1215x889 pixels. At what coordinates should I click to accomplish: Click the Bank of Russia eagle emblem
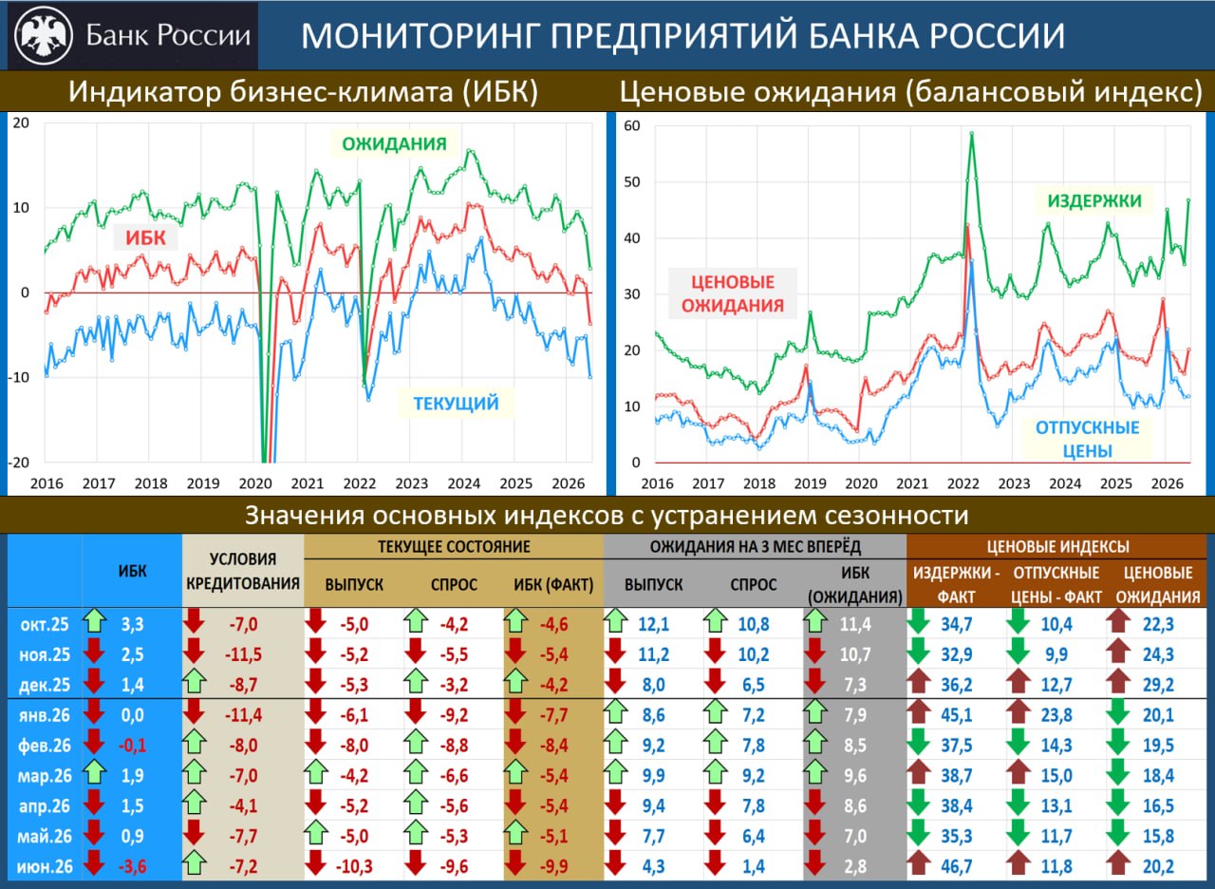point(44,35)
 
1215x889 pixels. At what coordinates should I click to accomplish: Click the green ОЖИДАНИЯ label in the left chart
point(394,143)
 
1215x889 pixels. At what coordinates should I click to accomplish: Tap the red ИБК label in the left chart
point(145,237)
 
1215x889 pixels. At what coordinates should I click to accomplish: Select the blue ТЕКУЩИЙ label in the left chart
point(456,404)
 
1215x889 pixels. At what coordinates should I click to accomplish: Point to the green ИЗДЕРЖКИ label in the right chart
point(1094,200)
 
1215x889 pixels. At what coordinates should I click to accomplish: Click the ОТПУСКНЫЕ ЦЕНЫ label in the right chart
point(1088,439)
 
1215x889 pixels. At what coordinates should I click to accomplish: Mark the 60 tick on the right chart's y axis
point(632,126)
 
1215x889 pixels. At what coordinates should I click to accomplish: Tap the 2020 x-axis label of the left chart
point(255,483)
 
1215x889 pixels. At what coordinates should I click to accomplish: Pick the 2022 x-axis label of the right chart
point(963,483)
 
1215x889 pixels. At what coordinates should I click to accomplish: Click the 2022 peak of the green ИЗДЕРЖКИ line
point(971,133)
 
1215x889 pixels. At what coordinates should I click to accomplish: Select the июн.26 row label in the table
point(45,865)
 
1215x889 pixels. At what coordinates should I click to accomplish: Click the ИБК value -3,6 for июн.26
point(132,865)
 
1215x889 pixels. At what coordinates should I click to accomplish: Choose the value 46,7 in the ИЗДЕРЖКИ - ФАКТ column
point(956,865)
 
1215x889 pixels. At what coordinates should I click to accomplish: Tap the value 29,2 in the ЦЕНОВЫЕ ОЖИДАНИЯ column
point(1158,685)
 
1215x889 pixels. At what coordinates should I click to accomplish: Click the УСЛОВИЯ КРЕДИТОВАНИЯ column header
point(243,571)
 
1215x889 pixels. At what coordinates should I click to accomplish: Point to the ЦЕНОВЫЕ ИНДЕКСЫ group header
point(1057,546)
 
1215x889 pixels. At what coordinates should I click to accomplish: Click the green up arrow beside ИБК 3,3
point(94,621)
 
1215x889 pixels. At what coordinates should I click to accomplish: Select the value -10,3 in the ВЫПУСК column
point(354,865)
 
